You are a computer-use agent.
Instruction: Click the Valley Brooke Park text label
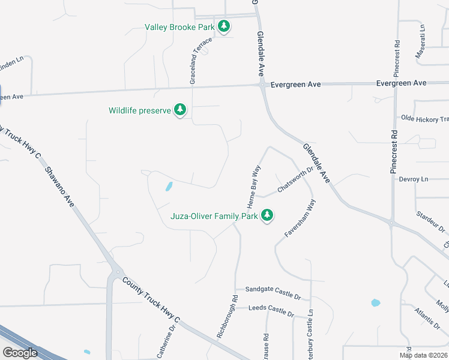point(180,27)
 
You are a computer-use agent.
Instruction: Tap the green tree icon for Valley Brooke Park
point(224,26)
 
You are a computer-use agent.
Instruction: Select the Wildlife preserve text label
point(139,110)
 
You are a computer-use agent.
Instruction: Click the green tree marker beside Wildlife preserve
point(179,110)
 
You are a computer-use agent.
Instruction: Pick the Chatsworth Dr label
point(295,181)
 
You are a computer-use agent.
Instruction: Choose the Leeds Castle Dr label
point(271,311)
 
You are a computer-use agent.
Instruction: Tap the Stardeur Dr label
point(432,220)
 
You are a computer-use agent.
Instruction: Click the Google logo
point(20,353)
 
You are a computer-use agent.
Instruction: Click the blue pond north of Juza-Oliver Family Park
point(168,187)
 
